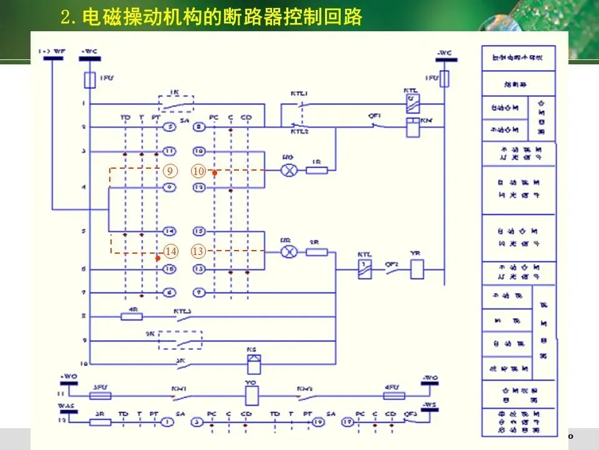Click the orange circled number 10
click(198, 171)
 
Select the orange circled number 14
click(170, 252)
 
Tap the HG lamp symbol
click(288, 170)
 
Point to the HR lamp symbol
click(288, 252)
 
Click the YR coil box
click(417, 269)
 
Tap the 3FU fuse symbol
click(101, 395)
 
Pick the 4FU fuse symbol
click(394, 395)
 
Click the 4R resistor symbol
click(132, 317)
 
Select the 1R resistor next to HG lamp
click(317, 170)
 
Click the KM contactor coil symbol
click(412, 127)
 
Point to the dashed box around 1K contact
click(176, 103)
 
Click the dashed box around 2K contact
click(180, 341)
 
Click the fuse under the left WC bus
click(89, 79)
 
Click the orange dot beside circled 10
click(215, 172)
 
